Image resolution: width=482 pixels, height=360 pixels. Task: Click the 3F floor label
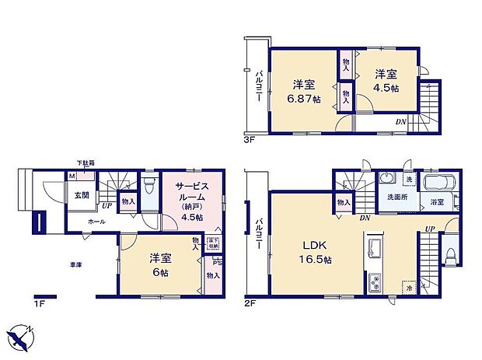click(249, 142)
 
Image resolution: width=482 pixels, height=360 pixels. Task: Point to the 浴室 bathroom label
click(437, 203)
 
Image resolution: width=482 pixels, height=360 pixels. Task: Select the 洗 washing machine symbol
click(408, 180)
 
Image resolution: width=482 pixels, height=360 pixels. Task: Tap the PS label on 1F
click(215, 261)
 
